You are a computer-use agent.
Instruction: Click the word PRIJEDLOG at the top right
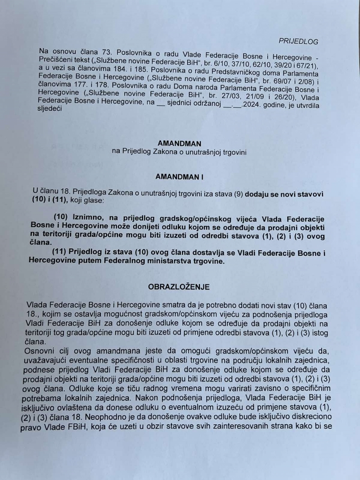[298, 41]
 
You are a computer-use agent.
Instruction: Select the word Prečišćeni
[57, 60]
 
